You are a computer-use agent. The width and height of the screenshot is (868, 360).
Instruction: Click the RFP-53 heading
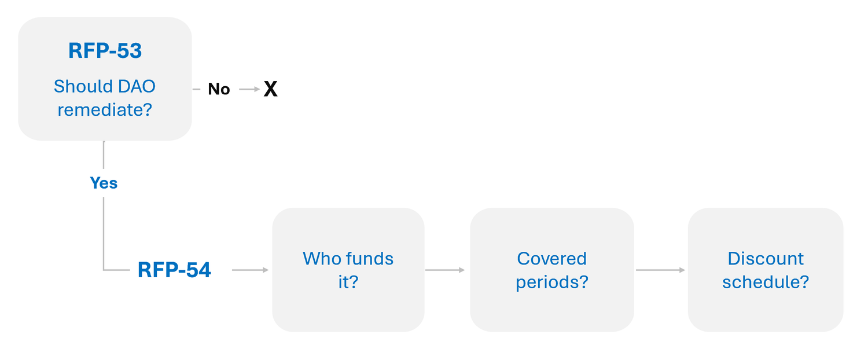(x=105, y=51)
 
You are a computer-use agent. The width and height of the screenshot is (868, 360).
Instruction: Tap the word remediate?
(x=105, y=109)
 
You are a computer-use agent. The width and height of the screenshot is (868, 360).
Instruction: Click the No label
(x=219, y=89)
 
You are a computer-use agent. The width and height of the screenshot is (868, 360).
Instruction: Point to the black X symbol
(x=270, y=89)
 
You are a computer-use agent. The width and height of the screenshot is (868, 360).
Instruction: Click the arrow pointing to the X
(x=249, y=89)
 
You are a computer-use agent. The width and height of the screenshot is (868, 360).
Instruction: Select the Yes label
(x=104, y=183)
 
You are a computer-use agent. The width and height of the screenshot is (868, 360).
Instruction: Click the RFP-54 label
(x=174, y=270)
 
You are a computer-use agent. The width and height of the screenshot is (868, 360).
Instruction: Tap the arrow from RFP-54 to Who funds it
(x=250, y=270)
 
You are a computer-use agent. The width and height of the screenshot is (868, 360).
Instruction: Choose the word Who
(x=322, y=258)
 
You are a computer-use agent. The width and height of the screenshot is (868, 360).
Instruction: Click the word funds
(x=371, y=258)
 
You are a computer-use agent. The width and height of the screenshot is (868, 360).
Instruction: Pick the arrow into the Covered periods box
(x=444, y=270)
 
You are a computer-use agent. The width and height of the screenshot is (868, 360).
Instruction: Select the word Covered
(x=551, y=258)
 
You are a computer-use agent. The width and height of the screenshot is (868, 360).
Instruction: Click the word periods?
(x=551, y=282)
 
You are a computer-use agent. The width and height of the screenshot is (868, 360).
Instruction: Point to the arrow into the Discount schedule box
(x=660, y=270)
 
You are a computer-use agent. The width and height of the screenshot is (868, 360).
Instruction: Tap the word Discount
(x=766, y=258)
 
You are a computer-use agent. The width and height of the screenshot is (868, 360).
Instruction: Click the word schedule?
(x=766, y=282)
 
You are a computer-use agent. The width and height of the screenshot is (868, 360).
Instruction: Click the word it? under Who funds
(x=348, y=283)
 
